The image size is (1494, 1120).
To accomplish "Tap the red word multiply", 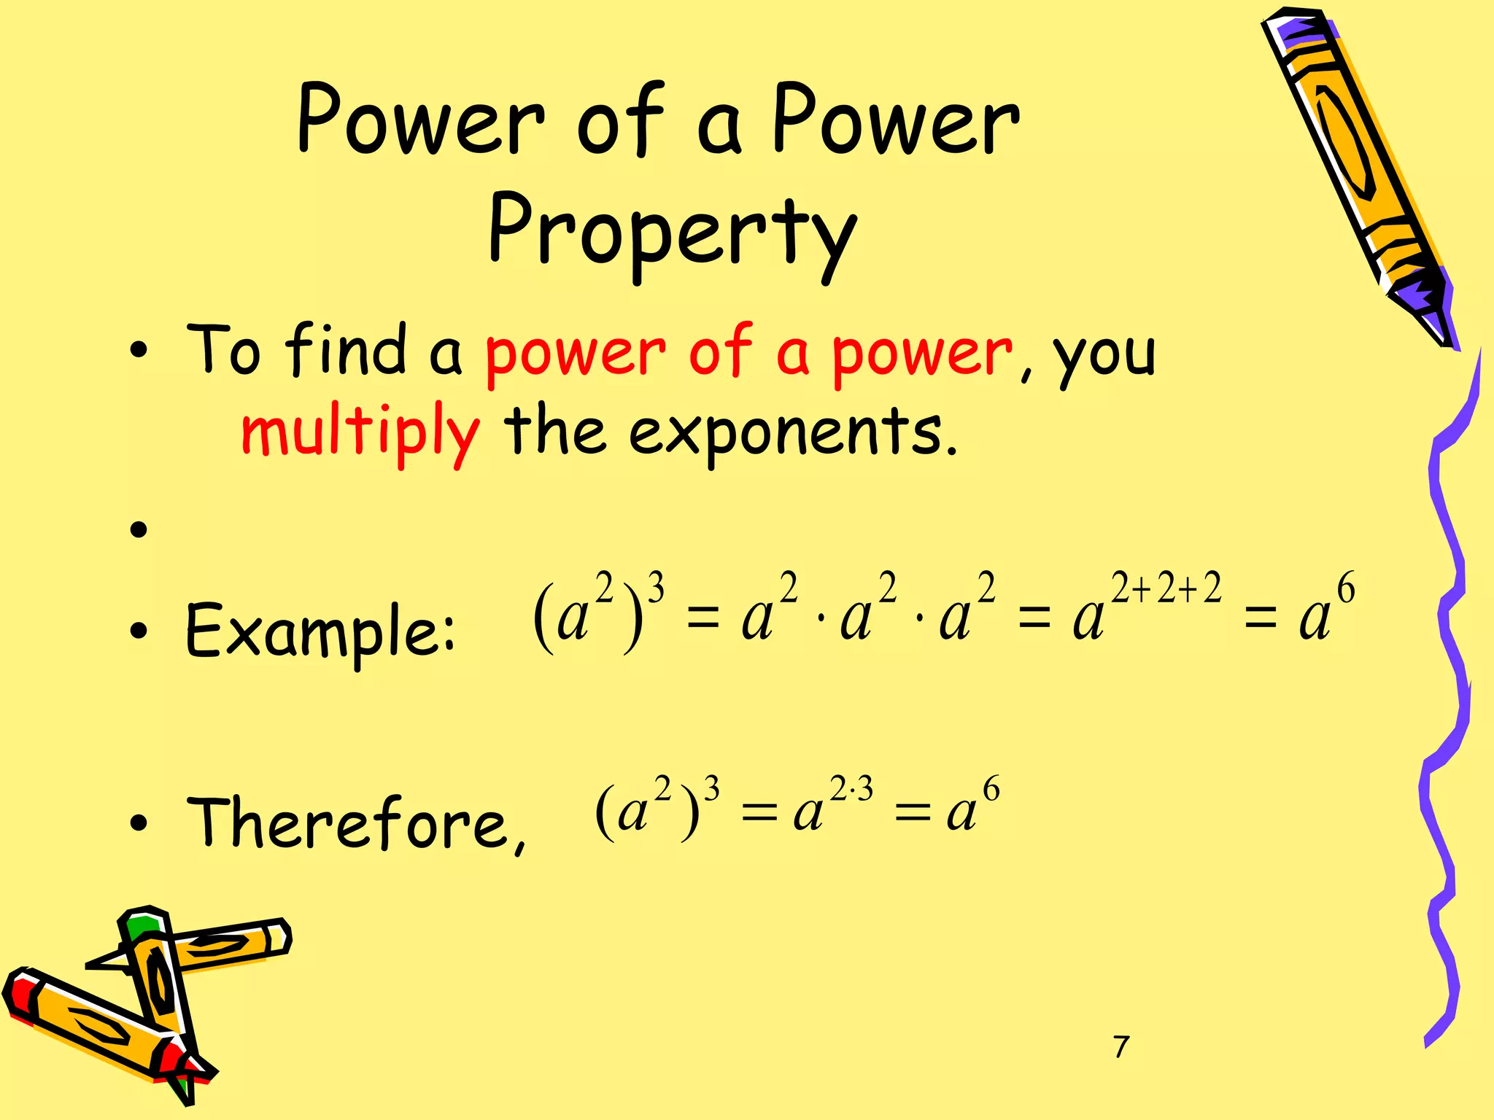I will (x=360, y=432).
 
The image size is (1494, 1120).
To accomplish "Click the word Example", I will (x=320, y=630).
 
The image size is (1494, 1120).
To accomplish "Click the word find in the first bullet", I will (x=346, y=351).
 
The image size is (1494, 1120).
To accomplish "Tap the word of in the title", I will (x=620, y=120).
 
